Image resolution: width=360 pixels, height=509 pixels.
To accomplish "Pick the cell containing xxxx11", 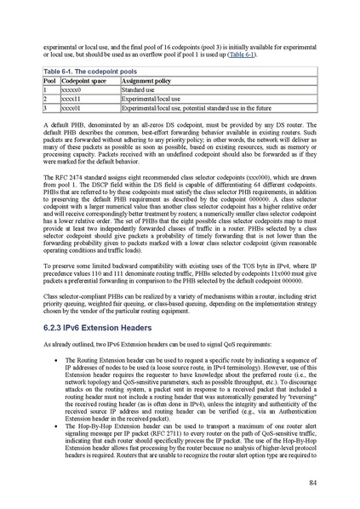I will pyautogui.click(x=71, y=99).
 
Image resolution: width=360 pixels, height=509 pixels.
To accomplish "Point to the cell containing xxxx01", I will pyautogui.click(x=71, y=109).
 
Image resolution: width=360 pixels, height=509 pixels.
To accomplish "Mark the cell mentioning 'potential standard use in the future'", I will pyautogui.click(x=196, y=109).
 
